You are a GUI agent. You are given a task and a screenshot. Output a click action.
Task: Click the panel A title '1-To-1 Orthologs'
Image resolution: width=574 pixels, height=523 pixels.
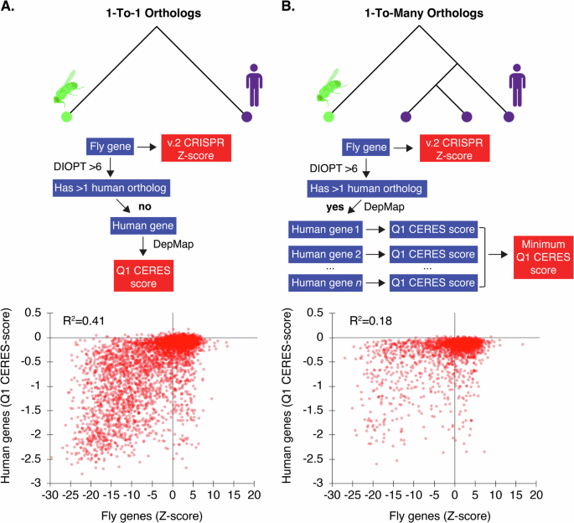click(x=158, y=9)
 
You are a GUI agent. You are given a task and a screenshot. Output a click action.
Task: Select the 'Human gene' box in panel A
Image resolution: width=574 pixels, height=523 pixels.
click(x=142, y=225)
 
